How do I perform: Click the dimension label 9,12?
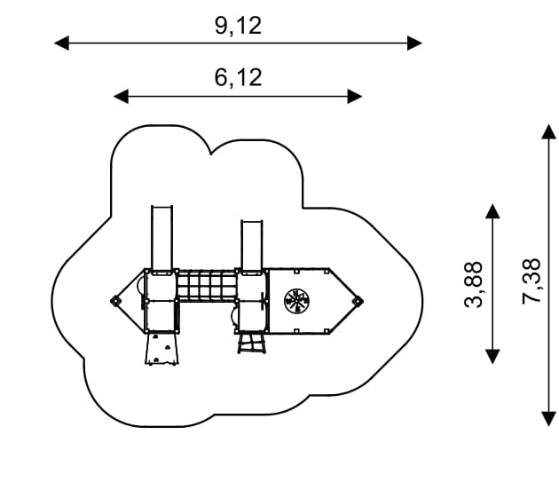point(238,25)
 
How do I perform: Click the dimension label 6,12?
point(238,78)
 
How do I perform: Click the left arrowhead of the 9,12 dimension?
point(60,43)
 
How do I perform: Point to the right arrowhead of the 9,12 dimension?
point(414,43)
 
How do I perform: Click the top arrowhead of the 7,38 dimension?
point(547,131)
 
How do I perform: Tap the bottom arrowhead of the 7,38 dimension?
point(547,419)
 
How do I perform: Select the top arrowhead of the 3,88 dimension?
point(493,211)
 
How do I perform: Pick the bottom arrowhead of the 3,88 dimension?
point(493,357)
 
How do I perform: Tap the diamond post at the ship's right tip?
point(358,302)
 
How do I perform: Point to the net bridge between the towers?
point(208,286)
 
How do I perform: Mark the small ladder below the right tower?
point(251,343)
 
